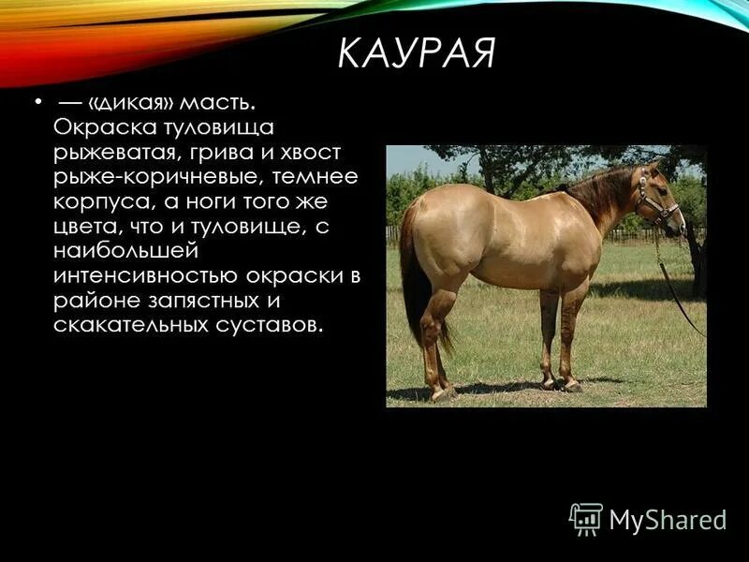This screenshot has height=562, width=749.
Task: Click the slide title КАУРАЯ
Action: coord(416,54)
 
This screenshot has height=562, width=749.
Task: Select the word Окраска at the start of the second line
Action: coord(99,126)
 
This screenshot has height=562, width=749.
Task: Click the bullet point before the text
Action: coord(37,100)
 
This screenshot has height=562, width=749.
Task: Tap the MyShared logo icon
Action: coord(586,518)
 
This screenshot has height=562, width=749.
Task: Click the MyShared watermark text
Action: coord(668,520)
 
